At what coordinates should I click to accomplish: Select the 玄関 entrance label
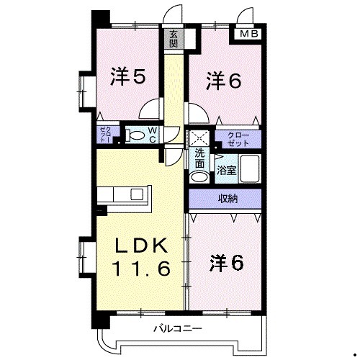[174, 38]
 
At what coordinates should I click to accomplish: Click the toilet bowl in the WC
[135, 134]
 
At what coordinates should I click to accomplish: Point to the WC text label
[153, 134]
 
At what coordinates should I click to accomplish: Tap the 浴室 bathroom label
[225, 171]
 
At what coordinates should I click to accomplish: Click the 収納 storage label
[225, 198]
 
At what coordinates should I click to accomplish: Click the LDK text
[142, 246]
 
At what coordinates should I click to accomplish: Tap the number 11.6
[141, 270]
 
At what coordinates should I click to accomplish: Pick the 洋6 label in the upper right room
[222, 79]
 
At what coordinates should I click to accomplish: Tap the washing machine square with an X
[199, 136]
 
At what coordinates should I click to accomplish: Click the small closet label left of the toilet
[104, 133]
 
